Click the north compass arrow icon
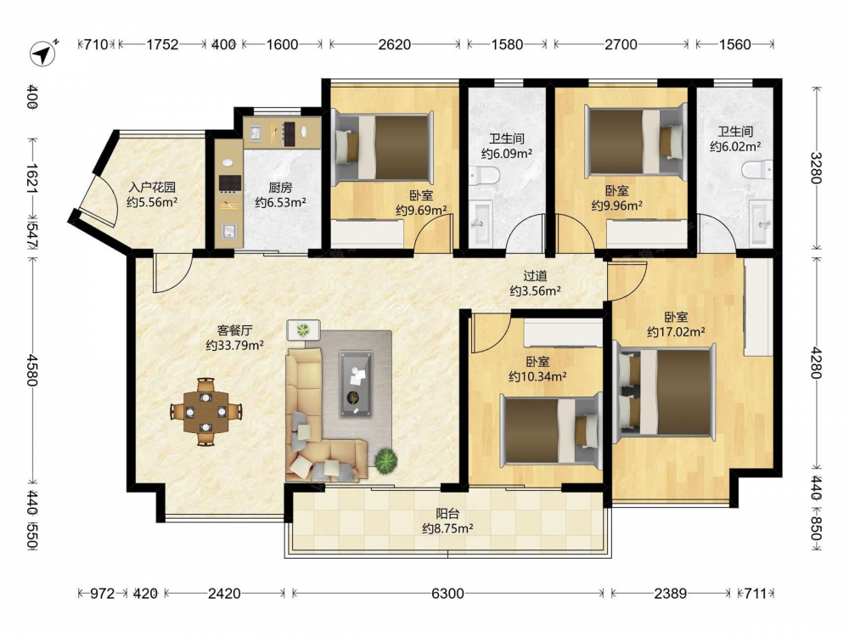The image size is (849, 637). (43, 54)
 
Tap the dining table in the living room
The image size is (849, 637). (205, 412)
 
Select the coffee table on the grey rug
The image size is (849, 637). (356, 384)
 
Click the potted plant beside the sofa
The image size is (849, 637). (386, 460)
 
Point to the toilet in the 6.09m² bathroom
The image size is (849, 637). (484, 175)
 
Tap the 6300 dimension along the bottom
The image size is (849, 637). (447, 594)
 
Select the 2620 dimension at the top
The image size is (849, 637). (394, 44)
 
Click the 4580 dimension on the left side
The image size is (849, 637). (32, 370)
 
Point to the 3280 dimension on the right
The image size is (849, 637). (816, 168)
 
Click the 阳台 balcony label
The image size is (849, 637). (447, 513)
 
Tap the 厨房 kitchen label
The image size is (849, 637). (280, 188)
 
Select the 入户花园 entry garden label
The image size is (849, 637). (152, 188)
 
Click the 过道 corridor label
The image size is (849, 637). (535, 276)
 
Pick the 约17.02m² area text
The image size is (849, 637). (676, 331)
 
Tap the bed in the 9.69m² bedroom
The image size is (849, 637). (384, 146)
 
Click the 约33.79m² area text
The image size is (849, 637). (234, 345)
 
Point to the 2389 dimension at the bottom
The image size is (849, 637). (671, 594)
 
